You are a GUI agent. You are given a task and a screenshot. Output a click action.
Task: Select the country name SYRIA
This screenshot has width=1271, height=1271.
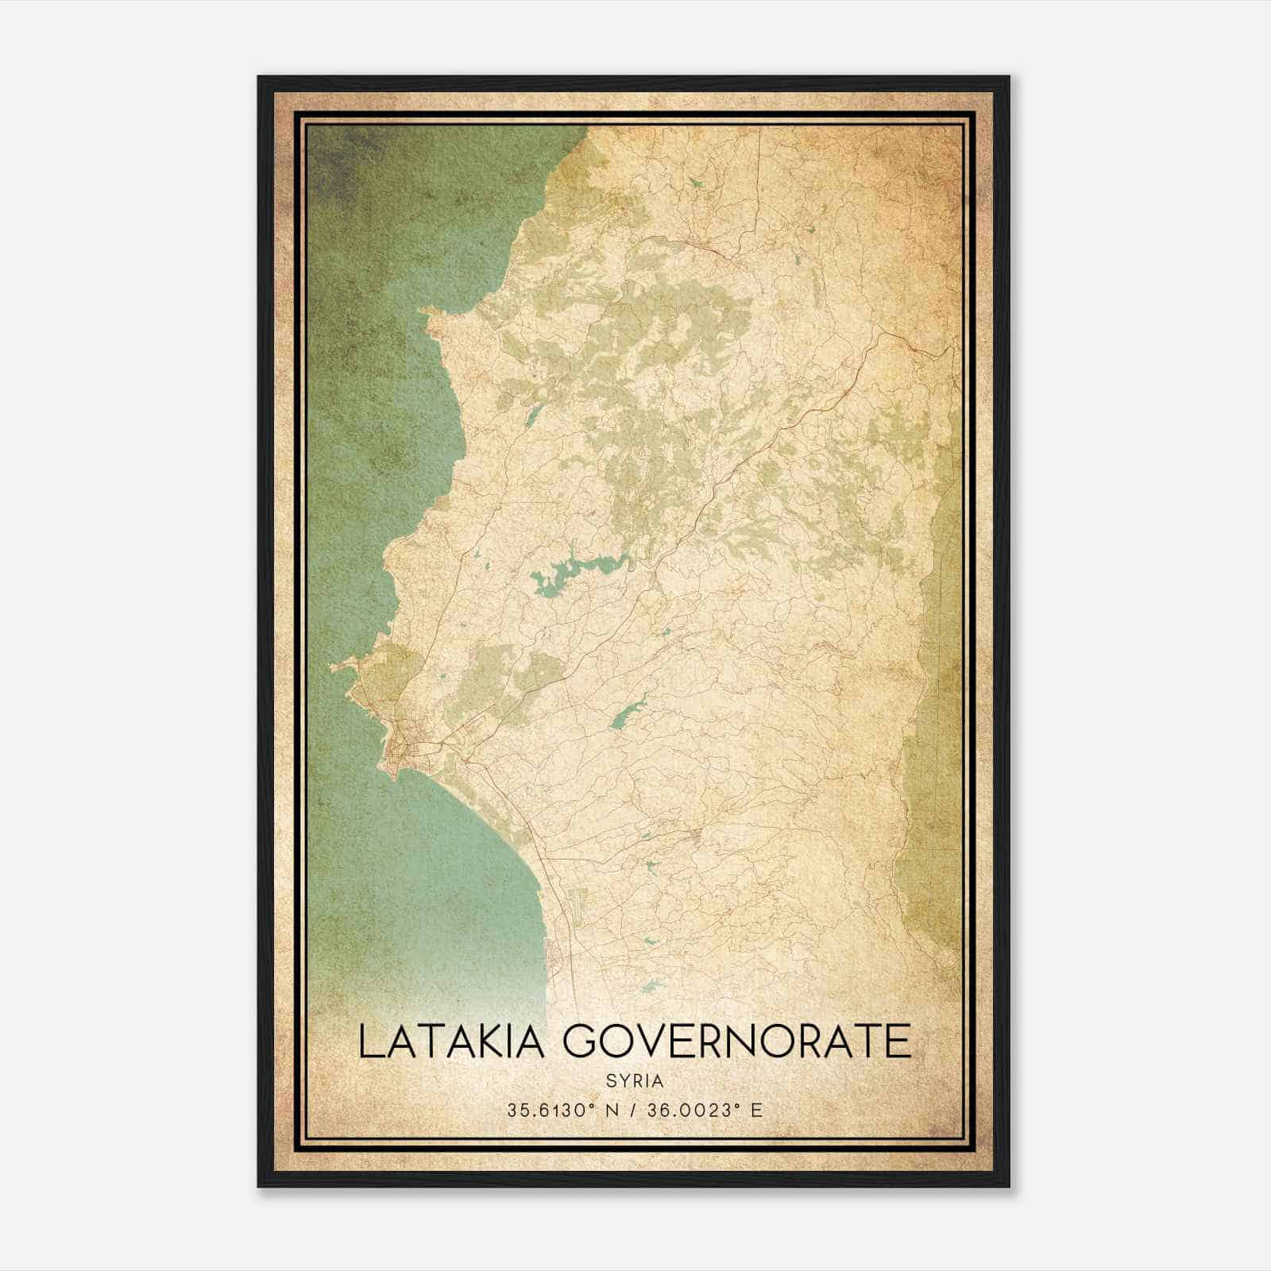tap(635, 1081)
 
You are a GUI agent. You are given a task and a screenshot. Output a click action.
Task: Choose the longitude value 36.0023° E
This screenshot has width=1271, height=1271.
tap(705, 1110)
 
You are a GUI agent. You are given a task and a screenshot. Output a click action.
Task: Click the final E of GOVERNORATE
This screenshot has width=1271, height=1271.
tap(899, 1041)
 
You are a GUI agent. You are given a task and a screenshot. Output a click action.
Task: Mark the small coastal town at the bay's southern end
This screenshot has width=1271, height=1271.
tap(556, 953)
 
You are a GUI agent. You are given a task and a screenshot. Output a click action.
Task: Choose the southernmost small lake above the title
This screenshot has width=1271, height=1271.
tap(653, 987)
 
